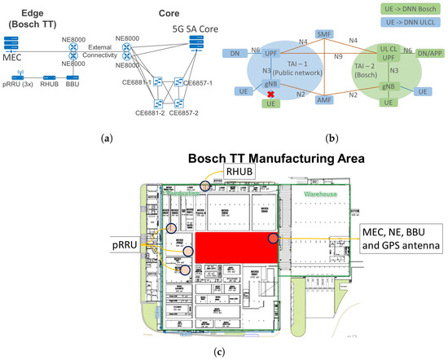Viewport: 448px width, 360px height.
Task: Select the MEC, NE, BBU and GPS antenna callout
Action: [402, 239]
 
